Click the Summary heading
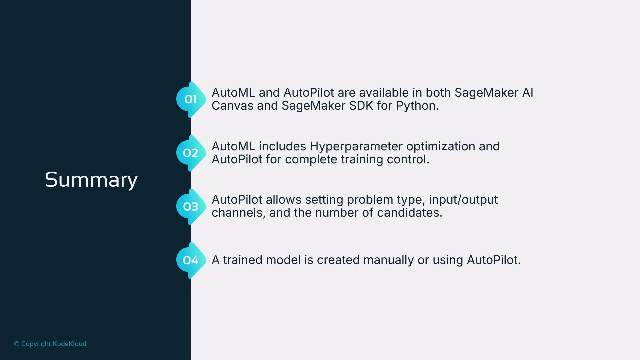coord(91,180)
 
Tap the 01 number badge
coord(190,99)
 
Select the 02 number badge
coord(190,153)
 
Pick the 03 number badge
coord(190,207)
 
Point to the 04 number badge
coord(190,260)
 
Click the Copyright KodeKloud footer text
coord(50,344)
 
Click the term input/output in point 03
coord(463,200)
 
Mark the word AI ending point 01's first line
coord(527,93)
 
